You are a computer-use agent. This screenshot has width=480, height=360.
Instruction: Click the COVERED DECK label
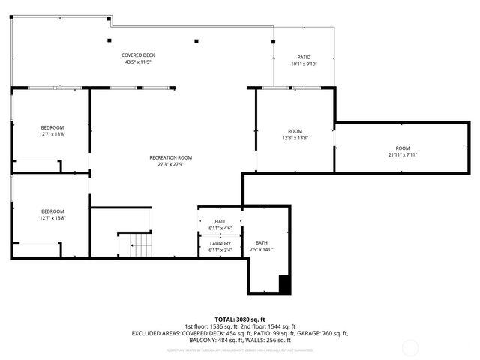click(139, 55)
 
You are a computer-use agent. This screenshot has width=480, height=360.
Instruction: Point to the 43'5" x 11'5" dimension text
click(139, 62)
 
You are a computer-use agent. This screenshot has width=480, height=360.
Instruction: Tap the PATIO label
click(304, 57)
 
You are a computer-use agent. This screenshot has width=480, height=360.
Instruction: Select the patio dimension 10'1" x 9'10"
click(304, 64)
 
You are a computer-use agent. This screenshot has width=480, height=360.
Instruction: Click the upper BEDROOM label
click(52, 127)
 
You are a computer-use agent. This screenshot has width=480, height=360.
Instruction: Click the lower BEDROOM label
click(52, 211)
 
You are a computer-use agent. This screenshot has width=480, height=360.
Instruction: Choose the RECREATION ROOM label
click(171, 157)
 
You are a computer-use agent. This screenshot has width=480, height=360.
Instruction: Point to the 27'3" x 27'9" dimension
click(171, 164)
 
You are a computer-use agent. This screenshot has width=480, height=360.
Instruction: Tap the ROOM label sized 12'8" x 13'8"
click(295, 131)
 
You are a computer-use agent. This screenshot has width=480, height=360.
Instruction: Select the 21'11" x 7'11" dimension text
click(403, 155)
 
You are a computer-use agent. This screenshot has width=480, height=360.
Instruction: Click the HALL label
click(220, 222)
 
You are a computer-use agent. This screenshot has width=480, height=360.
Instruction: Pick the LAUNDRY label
click(220, 243)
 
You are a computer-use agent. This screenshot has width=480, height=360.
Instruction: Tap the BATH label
click(262, 242)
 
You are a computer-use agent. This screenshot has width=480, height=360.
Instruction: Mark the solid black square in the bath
click(284, 284)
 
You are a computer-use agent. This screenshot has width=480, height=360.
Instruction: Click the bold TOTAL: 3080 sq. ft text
click(240, 319)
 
